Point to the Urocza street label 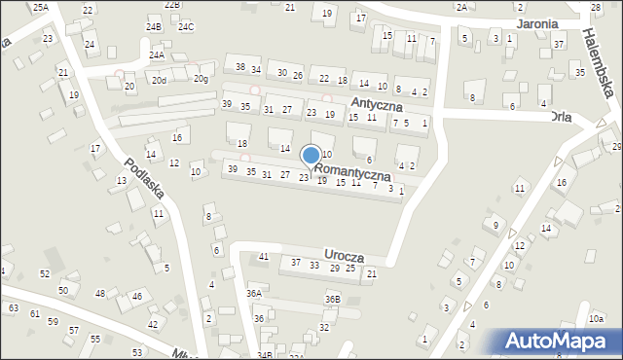tap(345, 256)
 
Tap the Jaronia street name tap(538, 23)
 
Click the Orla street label tap(560, 117)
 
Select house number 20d tap(158, 81)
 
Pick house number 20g tap(201, 79)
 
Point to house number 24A tap(156, 56)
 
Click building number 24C tap(186, 26)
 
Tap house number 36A tap(254, 293)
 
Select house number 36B tap(333, 299)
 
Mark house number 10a tap(596, 318)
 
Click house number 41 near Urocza tap(263, 257)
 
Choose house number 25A tap(40, 7)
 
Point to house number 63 tap(13, 308)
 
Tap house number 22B tap(172, 5)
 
